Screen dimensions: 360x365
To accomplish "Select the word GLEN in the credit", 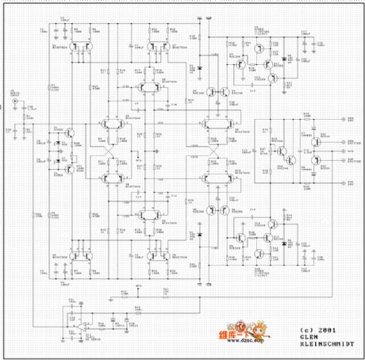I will [x=307, y=336].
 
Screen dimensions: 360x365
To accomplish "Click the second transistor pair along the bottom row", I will [x=155, y=255].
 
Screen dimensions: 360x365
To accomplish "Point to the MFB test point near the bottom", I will [x=138, y=283].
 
